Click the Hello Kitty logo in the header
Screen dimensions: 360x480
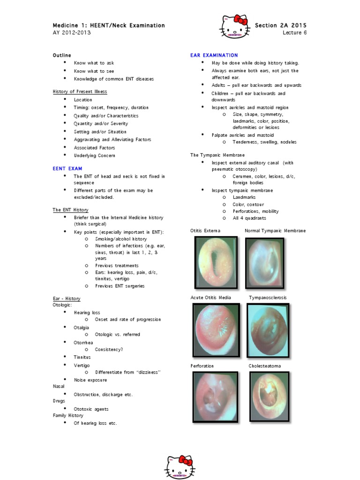(234, 26)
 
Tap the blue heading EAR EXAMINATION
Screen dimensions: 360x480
(214, 55)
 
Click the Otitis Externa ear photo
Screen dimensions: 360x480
(216, 262)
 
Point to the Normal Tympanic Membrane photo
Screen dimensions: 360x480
(264, 262)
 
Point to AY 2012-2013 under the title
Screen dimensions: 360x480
(72, 33)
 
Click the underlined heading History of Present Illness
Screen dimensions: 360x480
(80, 91)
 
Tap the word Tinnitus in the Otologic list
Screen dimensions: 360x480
(82, 357)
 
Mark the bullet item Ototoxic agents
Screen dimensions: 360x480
(91, 409)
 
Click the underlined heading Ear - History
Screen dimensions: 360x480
(66, 299)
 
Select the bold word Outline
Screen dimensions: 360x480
(62, 55)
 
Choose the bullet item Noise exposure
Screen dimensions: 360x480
(90, 380)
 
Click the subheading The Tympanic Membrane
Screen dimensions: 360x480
(217, 155)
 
